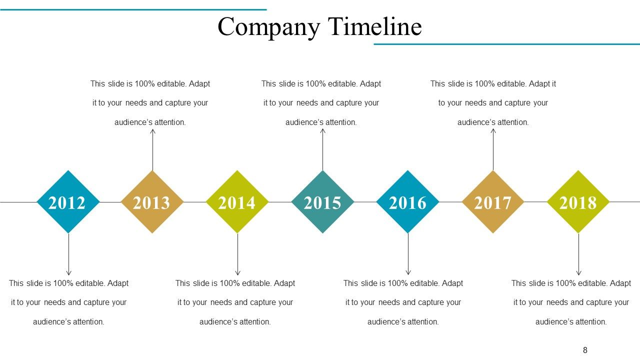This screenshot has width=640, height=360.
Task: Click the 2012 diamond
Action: (68, 202)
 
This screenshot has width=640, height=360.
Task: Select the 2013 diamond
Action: (152, 202)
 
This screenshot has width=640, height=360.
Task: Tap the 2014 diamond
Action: (237, 202)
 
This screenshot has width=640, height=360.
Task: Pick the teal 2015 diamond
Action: (322, 202)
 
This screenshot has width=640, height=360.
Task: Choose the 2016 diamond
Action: (407, 202)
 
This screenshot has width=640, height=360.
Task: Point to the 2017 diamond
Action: (493, 202)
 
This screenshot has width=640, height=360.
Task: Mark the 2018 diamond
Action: (578, 202)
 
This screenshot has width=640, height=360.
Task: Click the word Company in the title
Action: (268, 27)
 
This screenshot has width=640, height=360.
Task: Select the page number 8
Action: (585, 350)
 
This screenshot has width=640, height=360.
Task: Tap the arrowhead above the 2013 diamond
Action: (153, 131)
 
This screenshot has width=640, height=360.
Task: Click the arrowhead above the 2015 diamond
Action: (323, 131)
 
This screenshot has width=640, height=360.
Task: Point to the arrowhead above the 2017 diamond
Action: (493, 131)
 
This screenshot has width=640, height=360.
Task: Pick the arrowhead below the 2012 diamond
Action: (68, 273)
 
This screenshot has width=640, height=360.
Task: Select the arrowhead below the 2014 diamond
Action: (237, 273)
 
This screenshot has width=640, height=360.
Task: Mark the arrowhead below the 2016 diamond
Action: (408, 273)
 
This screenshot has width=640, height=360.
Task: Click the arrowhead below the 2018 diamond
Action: (578, 273)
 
